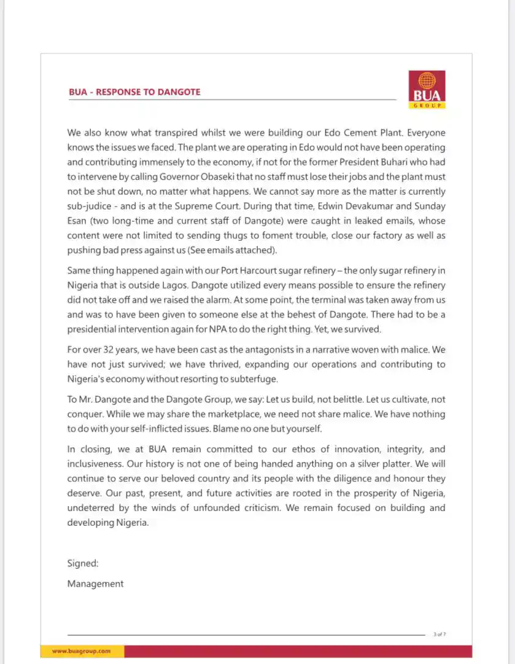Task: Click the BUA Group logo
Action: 427,90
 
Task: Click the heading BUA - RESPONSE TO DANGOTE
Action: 134,92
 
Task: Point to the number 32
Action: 115,350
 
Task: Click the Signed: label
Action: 83,563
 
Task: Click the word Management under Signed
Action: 95,584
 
